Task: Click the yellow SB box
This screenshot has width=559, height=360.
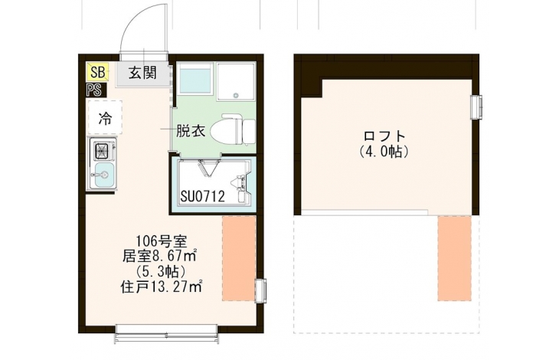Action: (97, 72)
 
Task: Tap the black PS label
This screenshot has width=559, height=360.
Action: (94, 90)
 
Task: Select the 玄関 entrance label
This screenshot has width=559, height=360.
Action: (143, 73)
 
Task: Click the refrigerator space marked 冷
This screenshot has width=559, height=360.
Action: (106, 118)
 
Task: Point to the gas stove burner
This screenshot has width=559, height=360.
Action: (103, 151)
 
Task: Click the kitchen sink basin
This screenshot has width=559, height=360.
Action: (104, 175)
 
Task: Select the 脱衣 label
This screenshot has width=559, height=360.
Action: (191, 132)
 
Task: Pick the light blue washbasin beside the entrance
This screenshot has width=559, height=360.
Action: (195, 82)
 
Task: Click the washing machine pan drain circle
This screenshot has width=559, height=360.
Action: (235, 95)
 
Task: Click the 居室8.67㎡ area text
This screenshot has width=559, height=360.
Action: (161, 256)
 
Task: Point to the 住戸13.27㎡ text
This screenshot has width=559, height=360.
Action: (162, 286)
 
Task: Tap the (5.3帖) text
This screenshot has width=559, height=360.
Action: (161, 271)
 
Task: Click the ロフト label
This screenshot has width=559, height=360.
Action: (384, 136)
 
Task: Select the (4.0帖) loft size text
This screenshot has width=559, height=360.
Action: (384, 152)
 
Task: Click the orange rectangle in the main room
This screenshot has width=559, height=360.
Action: (239, 258)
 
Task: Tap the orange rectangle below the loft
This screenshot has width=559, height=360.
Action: (455, 258)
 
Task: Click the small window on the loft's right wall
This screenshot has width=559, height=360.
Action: (476, 106)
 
